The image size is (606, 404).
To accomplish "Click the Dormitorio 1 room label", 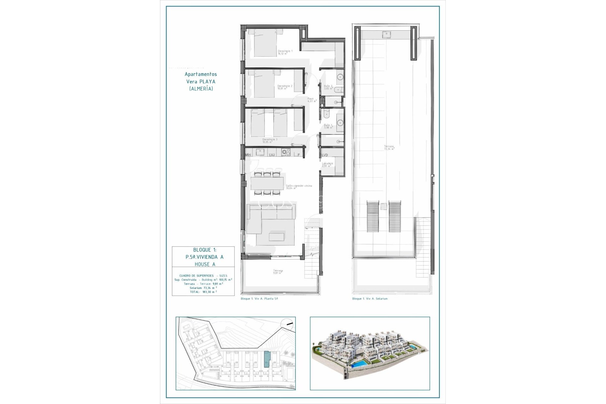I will [x=285, y=52].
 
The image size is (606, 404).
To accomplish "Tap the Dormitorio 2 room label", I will [x=284, y=87].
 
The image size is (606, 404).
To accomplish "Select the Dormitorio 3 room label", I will [x=270, y=141].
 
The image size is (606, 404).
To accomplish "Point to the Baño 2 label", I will [x=328, y=87].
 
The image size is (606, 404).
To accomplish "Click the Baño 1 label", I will [x=328, y=126].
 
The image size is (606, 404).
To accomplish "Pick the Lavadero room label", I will [x=327, y=164].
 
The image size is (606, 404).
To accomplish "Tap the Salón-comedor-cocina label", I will [x=299, y=187].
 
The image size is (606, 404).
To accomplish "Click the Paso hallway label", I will [x=312, y=100].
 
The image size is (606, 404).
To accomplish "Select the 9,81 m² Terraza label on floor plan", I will [x=278, y=272].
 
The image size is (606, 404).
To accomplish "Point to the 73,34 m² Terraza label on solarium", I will [x=389, y=147].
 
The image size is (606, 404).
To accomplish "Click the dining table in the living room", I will [x=267, y=183].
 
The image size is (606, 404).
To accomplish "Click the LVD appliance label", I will [x=325, y=155].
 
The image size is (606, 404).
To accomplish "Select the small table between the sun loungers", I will [x=383, y=206].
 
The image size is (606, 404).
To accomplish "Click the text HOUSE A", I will [x=205, y=264].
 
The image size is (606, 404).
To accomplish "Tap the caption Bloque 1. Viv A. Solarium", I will [x=370, y=299].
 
